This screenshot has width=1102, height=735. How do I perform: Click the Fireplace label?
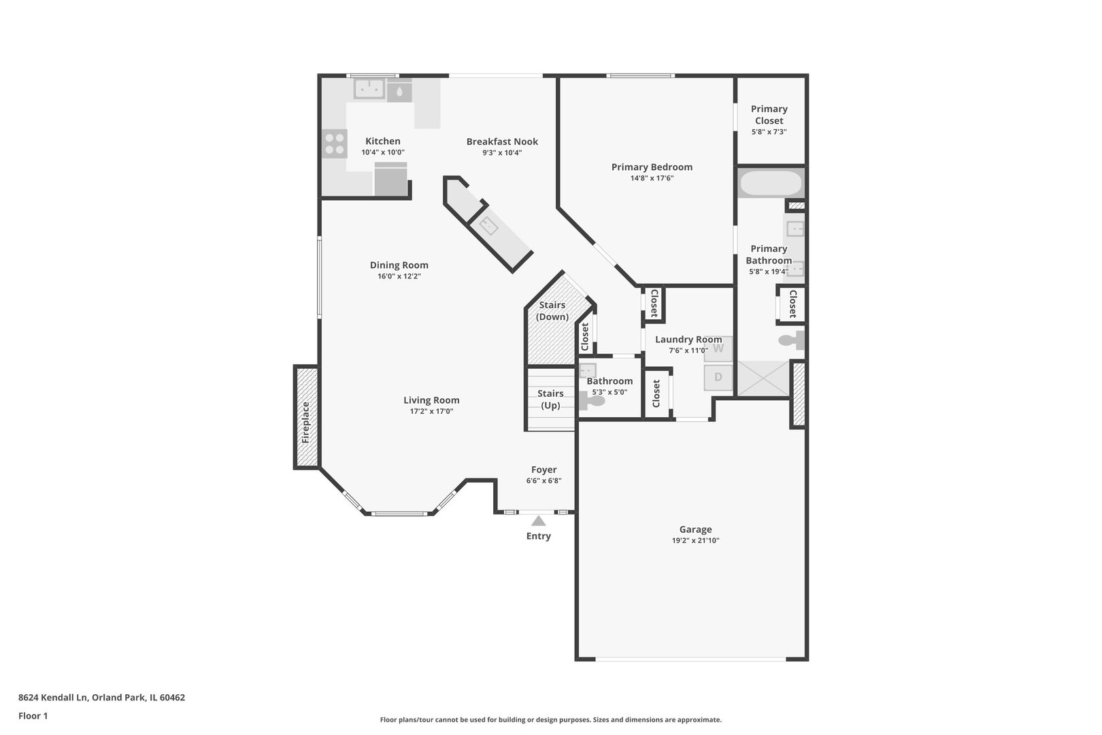pos(306,423)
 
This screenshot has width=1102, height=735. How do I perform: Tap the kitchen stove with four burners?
pos(334,144)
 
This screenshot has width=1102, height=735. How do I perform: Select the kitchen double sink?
pos(369,88)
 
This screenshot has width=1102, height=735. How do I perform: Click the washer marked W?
pos(718,348)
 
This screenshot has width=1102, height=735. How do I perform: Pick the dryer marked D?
pos(718,377)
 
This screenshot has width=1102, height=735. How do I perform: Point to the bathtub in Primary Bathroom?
pos(771,183)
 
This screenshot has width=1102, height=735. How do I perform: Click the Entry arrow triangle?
pos(538,521)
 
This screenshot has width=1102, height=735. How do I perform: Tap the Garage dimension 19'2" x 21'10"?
pos(695,540)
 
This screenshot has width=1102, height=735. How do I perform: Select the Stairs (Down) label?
pos(552,311)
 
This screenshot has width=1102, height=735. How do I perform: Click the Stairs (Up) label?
pos(550,399)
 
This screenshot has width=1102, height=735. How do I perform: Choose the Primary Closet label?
pos(769,114)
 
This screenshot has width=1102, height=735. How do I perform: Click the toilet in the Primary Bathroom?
pos(790,340)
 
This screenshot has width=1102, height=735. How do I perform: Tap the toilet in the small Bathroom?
pos(593,401)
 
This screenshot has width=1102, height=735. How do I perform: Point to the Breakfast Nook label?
pos(502,142)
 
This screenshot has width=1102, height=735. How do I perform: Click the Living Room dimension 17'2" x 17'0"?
pos(431,411)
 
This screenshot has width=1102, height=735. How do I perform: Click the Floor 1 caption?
pos(33,716)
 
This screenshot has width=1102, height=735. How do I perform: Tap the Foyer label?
pos(544,470)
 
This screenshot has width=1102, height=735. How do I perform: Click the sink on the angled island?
pos(488,225)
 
